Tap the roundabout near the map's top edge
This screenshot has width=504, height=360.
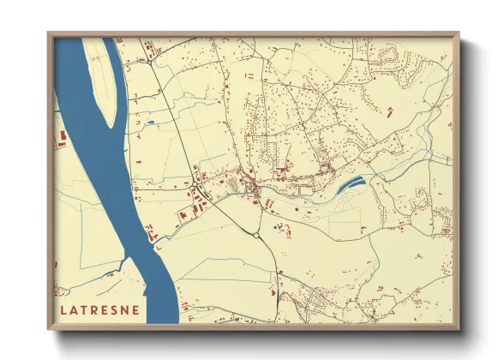tap(151, 62)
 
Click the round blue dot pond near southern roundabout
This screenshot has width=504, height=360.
tap(276, 228)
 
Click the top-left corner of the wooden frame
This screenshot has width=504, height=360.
tap(49, 34)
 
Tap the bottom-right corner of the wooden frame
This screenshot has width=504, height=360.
tap(459, 330)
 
